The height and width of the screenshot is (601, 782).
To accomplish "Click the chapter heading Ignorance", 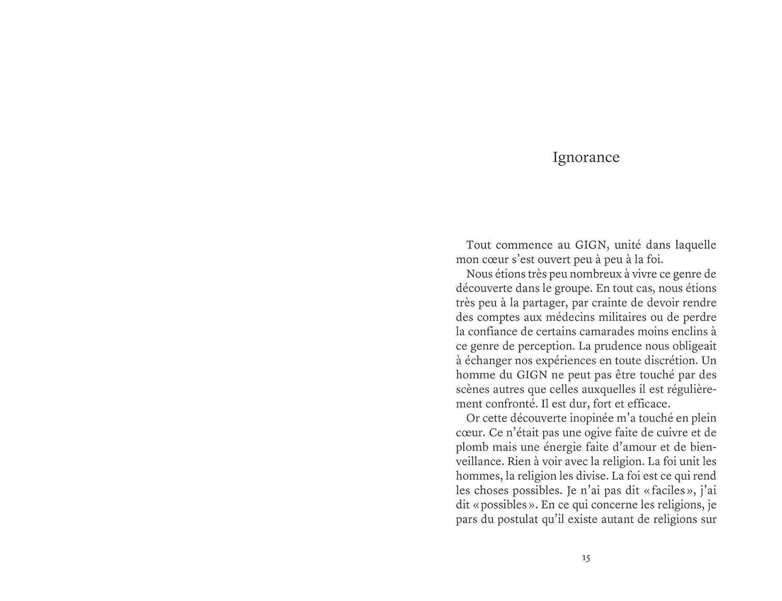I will [586, 158].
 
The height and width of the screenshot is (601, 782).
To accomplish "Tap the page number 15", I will [586, 558].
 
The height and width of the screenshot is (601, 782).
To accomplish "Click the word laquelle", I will [695, 245].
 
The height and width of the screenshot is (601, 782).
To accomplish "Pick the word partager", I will [543, 303].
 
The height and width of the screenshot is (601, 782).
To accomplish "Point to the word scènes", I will [472, 389].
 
